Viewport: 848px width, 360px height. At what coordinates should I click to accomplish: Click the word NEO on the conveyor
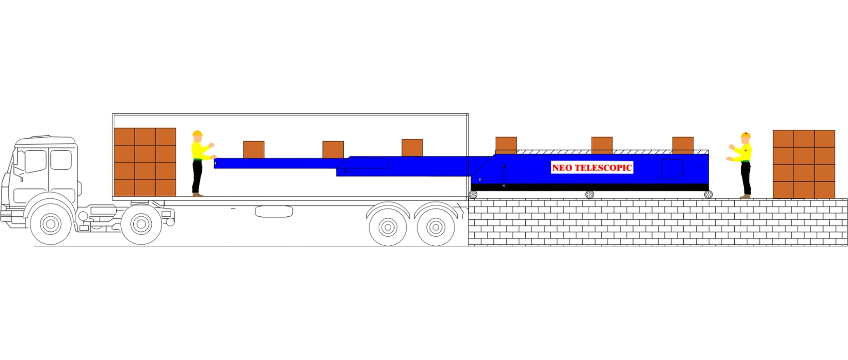click(x=562, y=168)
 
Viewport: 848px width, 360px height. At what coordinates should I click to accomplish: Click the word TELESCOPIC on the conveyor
click(x=604, y=168)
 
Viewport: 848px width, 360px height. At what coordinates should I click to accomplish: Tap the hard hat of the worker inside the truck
click(x=197, y=134)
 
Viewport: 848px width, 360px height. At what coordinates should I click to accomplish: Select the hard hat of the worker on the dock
click(x=745, y=135)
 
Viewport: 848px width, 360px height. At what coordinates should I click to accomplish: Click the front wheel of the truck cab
click(x=50, y=224)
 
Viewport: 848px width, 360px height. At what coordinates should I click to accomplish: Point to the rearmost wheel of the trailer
click(x=436, y=227)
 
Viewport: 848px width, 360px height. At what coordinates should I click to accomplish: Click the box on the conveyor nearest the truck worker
click(x=253, y=150)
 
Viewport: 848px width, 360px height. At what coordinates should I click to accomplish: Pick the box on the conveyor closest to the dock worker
click(x=683, y=146)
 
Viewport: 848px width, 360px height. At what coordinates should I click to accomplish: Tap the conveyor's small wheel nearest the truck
click(x=473, y=194)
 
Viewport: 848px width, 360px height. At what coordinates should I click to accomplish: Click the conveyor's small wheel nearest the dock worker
click(x=708, y=194)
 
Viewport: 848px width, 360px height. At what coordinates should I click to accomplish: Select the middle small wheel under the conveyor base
click(x=590, y=194)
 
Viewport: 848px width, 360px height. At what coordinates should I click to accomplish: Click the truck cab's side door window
click(x=61, y=160)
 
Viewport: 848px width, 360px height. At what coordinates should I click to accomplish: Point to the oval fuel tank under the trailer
click(x=274, y=211)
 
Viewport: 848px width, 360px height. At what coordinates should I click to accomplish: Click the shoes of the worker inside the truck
click(x=198, y=195)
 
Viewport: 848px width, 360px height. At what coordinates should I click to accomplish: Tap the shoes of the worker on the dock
click(x=745, y=196)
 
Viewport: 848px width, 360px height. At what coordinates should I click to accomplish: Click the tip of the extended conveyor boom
click(x=214, y=163)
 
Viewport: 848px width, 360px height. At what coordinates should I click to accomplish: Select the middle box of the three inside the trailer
click(x=333, y=150)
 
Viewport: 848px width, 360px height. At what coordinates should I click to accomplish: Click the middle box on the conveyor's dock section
click(x=602, y=146)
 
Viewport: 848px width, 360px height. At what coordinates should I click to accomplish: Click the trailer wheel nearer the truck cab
click(x=388, y=227)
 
